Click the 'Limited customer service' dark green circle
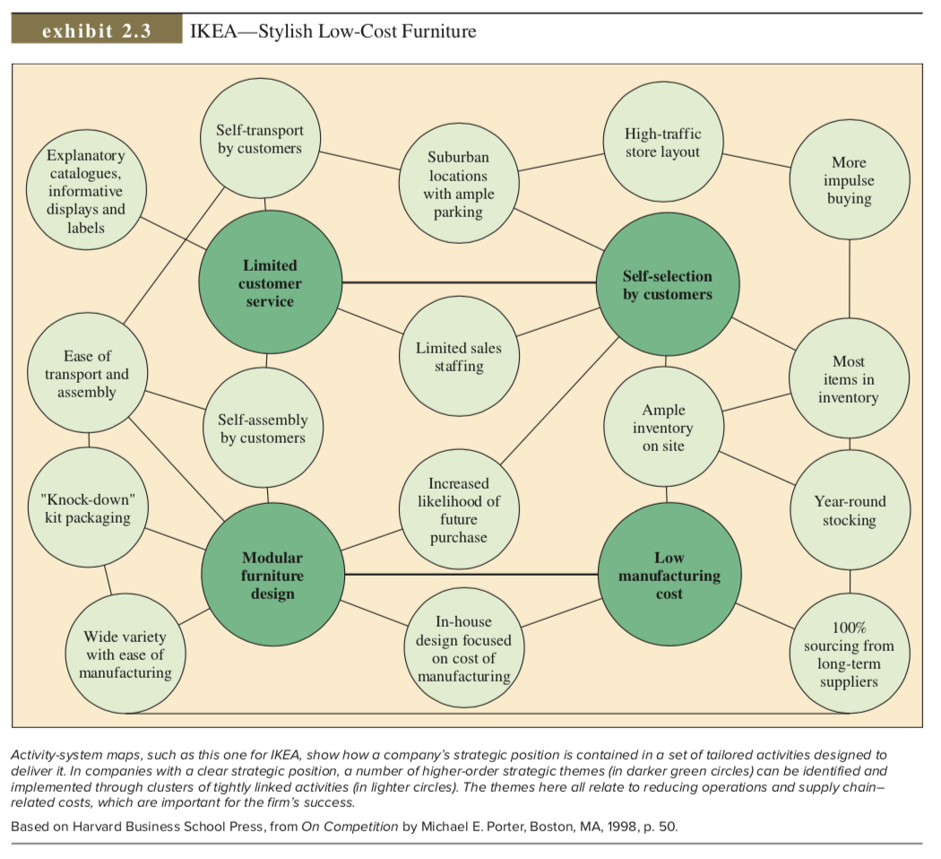(x=270, y=283)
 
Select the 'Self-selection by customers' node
(x=667, y=284)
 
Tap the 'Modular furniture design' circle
(x=272, y=575)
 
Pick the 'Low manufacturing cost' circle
(x=669, y=575)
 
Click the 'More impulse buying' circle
(x=849, y=180)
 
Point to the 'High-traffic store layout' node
(x=662, y=143)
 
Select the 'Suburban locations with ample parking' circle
(x=458, y=184)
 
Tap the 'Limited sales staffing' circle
(x=458, y=356)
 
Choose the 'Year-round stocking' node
(x=850, y=510)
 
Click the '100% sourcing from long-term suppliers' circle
(x=849, y=654)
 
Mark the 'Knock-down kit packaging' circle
(x=87, y=508)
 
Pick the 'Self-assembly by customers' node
(x=263, y=429)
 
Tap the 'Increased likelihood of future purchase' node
(x=458, y=510)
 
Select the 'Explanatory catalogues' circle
(x=87, y=191)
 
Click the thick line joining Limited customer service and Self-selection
(x=469, y=282)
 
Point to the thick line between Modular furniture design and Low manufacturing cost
(x=470, y=574)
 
